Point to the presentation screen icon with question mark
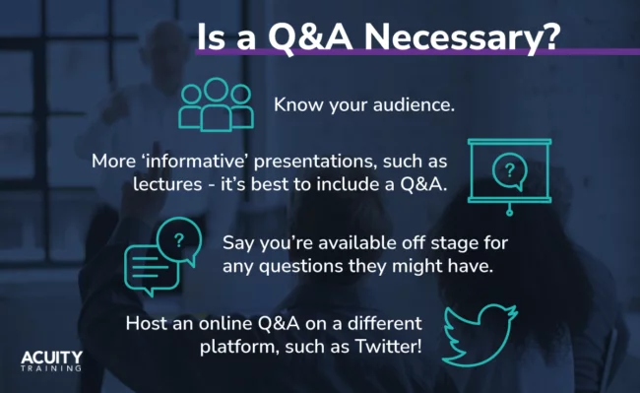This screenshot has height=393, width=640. pos(508,176)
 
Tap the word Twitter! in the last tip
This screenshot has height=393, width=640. pos(382,347)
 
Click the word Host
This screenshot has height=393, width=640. pos(147,323)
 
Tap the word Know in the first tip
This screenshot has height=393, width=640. pos(295,103)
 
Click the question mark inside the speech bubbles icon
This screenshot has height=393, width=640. pos(178,239)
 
